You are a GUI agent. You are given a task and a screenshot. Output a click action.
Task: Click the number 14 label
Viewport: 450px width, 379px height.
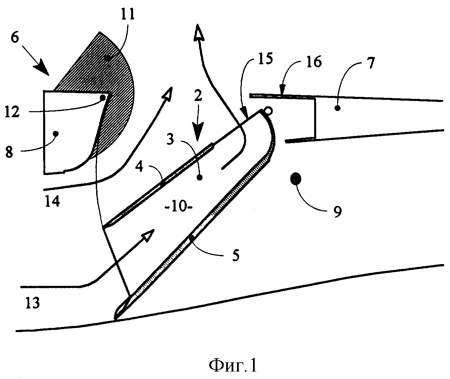pyautogui.click(x=52, y=202)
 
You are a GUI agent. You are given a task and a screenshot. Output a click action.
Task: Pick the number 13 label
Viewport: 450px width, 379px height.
pyautogui.click(x=33, y=303)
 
